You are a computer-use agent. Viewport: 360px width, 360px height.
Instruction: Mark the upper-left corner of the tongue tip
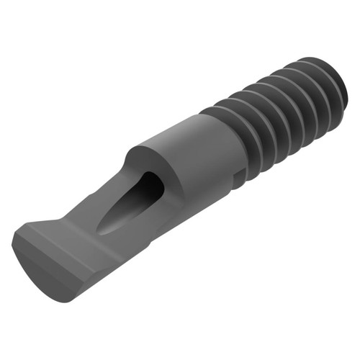click(x=19, y=232)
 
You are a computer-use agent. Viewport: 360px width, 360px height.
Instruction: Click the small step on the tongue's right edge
click(x=148, y=245)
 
